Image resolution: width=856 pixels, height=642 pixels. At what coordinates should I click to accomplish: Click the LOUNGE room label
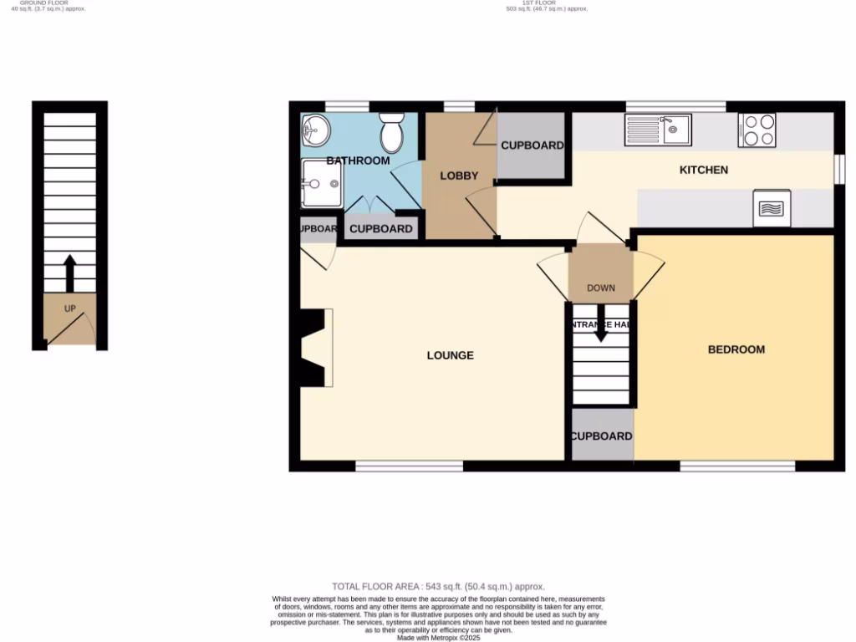[450, 355]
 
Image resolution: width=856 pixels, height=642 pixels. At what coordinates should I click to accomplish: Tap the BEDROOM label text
[736, 349]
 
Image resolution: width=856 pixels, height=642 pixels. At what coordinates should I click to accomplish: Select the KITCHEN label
[703, 170]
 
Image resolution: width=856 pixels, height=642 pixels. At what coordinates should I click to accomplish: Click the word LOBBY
[459, 176]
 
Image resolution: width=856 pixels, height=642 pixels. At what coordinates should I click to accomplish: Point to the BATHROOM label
[358, 160]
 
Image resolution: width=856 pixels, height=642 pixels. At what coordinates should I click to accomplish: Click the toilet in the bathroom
[391, 133]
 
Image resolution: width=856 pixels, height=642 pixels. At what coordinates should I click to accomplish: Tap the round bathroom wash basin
[315, 130]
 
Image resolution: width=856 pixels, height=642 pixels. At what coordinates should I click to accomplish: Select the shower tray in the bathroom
[322, 183]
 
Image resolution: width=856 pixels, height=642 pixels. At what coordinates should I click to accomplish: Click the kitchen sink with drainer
[657, 130]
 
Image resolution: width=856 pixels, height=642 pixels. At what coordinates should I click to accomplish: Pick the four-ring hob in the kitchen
[757, 130]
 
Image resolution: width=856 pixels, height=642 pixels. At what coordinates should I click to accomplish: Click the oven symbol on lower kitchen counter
[772, 208]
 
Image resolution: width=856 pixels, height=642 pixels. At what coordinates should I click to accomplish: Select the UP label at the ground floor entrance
[70, 308]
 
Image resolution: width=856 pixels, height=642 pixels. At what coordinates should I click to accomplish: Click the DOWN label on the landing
[600, 288]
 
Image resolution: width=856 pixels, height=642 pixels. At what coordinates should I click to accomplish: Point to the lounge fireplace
[316, 348]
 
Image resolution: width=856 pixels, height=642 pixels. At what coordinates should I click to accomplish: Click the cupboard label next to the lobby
[532, 145]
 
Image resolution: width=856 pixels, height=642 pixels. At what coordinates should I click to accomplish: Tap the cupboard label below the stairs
[601, 436]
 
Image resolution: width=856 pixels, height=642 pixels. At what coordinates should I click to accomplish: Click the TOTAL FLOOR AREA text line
[438, 587]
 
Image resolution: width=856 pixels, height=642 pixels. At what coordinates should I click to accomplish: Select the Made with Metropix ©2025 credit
[438, 637]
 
